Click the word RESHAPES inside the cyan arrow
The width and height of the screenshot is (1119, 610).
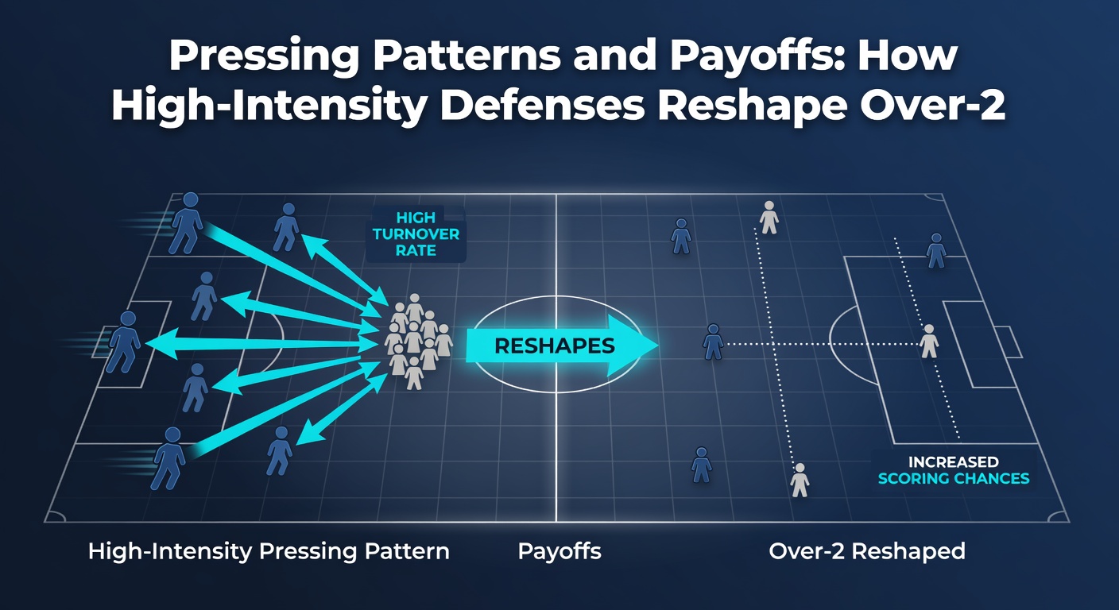pos(555,346)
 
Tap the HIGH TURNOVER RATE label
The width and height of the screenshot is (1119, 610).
pos(416,234)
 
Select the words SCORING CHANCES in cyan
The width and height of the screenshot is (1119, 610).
pos(954,479)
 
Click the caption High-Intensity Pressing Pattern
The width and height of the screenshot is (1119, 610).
pos(269,551)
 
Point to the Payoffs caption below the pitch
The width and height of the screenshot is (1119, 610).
pos(559,551)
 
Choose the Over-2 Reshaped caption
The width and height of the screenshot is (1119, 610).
pos(867,551)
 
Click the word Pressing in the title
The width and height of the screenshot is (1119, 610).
pos(265,56)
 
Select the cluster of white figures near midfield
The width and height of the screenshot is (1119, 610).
pos(417,341)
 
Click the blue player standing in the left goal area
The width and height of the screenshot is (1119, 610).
pos(125,342)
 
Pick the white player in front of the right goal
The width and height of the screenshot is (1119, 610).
pos(929,341)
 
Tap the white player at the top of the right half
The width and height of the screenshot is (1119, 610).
pos(769,217)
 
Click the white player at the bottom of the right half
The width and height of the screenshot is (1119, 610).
pos(800,481)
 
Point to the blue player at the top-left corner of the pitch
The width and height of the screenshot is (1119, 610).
pos(186,222)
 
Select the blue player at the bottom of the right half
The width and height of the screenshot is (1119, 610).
pos(702,465)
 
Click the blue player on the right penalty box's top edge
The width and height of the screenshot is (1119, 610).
pos(936,250)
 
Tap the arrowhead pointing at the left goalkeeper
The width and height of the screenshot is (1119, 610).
pos(160,343)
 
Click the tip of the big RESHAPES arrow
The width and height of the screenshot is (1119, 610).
pos(658,345)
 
